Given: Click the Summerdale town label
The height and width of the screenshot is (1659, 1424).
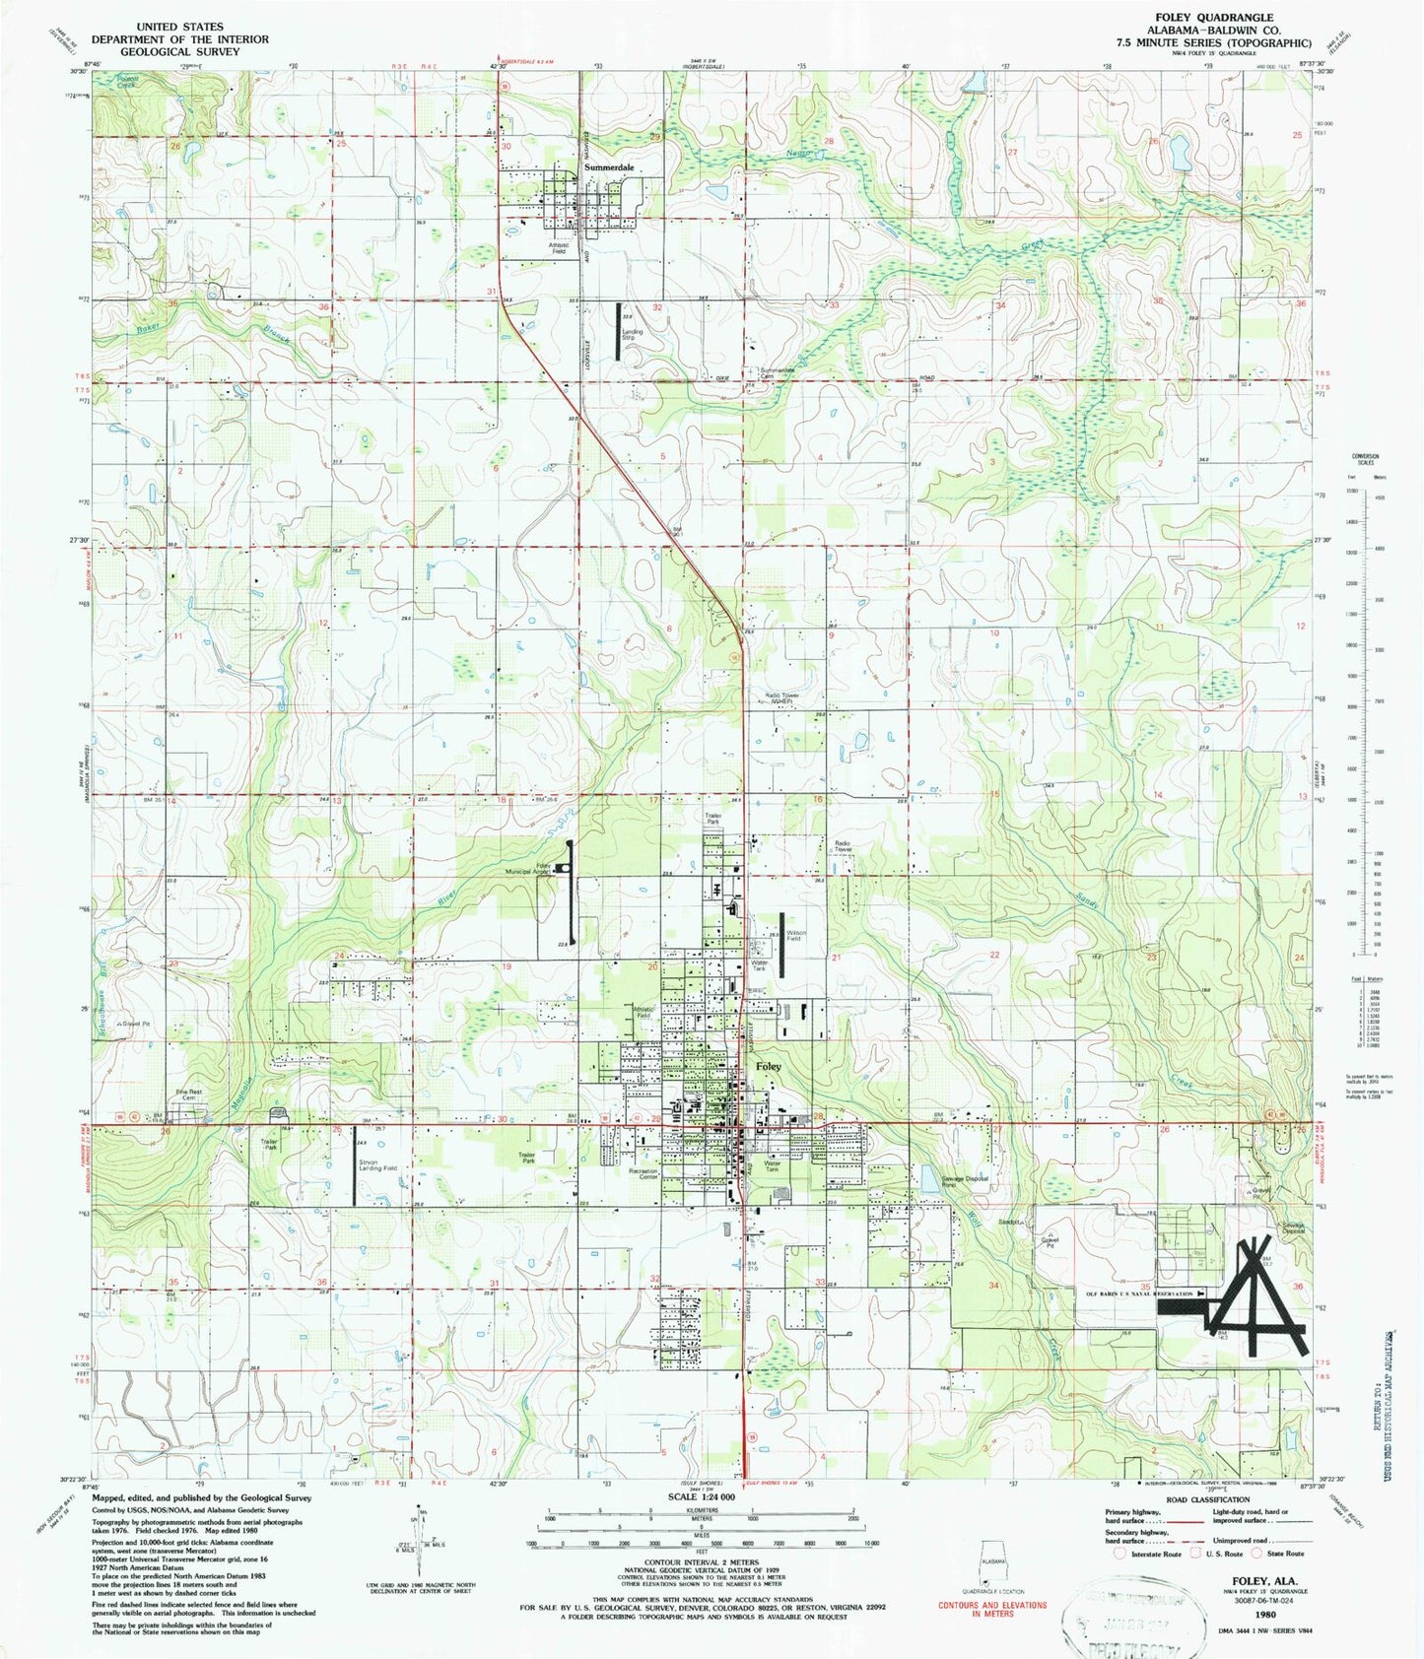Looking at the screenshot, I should [x=608, y=168].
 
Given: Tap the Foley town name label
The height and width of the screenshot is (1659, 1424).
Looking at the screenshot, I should [x=769, y=1067].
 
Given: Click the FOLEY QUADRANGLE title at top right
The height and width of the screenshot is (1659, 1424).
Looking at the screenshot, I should [x=1224, y=18].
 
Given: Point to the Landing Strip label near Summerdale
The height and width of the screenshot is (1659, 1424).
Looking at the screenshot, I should [x=632, y=334].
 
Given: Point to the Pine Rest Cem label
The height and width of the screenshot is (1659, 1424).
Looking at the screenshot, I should [x=188, y=1095].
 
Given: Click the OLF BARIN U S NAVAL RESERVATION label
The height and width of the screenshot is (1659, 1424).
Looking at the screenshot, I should [x=1139, y=1294].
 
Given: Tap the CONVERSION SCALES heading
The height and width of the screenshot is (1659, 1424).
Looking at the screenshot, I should [x=1365, y=460].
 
